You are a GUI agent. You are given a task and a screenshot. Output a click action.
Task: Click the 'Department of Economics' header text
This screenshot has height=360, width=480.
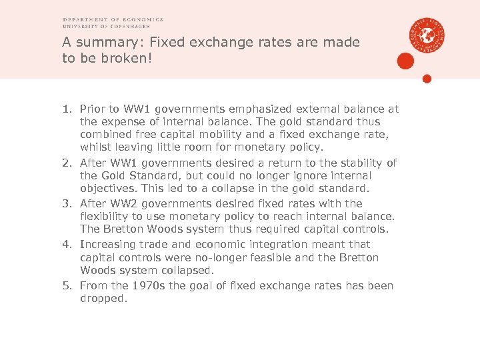[x=113, y=20]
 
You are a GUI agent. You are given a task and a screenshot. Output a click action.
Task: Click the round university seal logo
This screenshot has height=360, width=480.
[x=427, y=34]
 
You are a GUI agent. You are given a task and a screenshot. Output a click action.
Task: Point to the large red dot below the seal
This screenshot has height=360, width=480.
[x=405, y=61]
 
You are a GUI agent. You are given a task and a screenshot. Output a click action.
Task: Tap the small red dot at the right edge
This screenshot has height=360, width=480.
[x=427, y=79]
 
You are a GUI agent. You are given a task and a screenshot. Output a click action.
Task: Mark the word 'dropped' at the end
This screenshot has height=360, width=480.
[x=101, y=299]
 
